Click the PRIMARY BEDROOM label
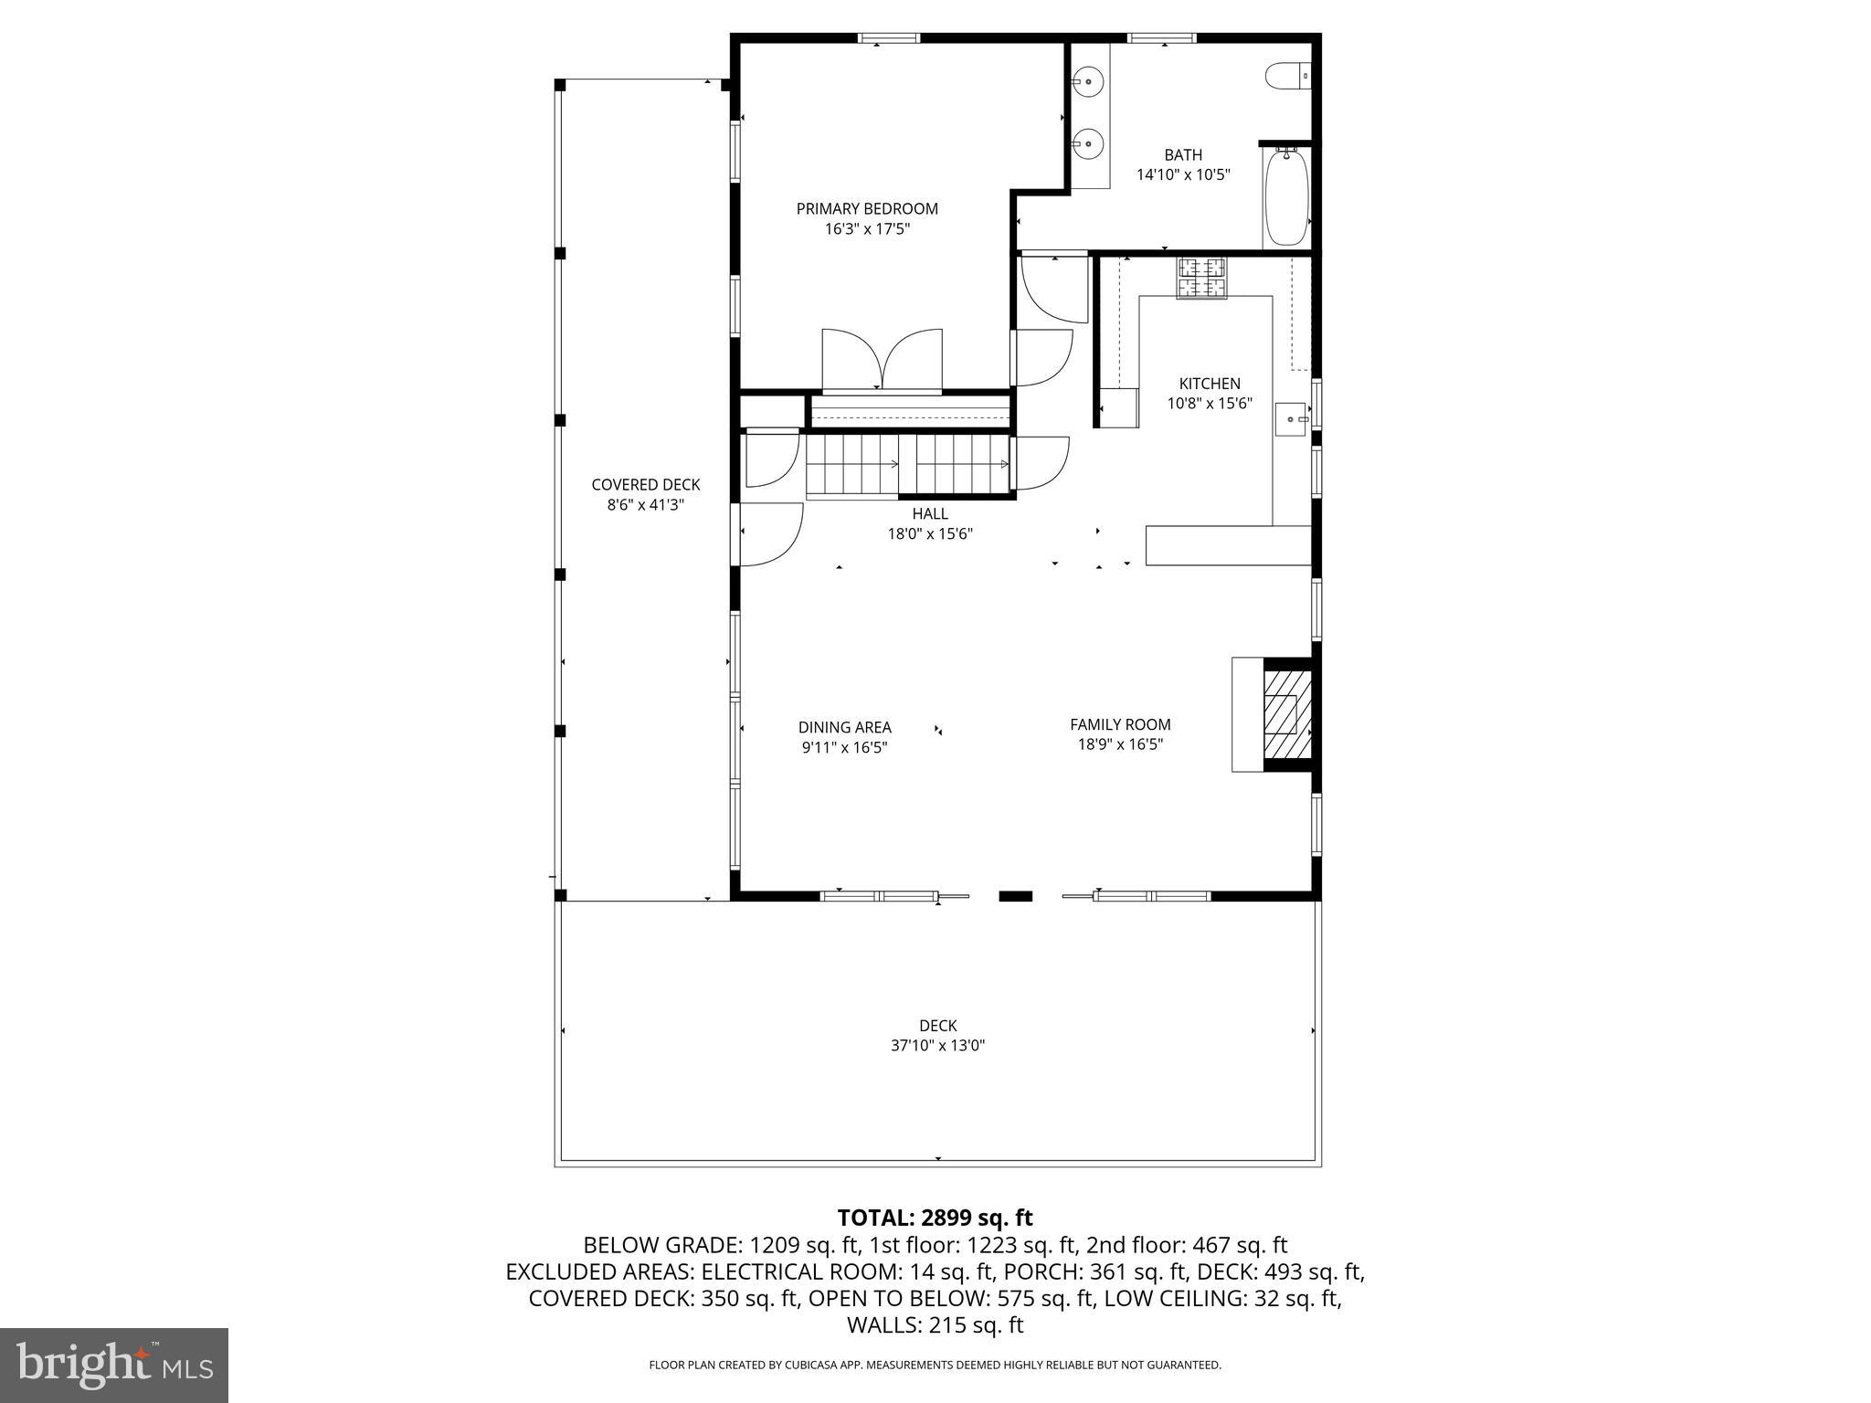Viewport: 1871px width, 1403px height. coord(867,209)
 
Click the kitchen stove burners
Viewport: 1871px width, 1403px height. coord(1201,278)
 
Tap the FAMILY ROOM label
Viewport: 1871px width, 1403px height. coord(1120,724)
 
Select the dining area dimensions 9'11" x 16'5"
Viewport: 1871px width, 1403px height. coord(844,748)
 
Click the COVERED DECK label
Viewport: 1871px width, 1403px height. coord(645,485)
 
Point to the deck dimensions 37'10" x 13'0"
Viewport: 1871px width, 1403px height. coord(937,1046)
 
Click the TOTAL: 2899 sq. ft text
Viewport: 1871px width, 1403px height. coord(935,1218)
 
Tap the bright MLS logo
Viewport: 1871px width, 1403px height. coord(114,1365)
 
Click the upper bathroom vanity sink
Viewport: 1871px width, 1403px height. coord(1089,81)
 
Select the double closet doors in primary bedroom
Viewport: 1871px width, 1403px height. coord(882,360)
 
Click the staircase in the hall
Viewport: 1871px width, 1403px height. coord(906,465)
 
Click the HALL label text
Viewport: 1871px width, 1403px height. coord(930,514)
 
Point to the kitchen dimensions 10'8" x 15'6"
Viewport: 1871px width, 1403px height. coord(1209,403)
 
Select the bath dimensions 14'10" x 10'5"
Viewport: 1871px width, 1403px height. coord(1183,174)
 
